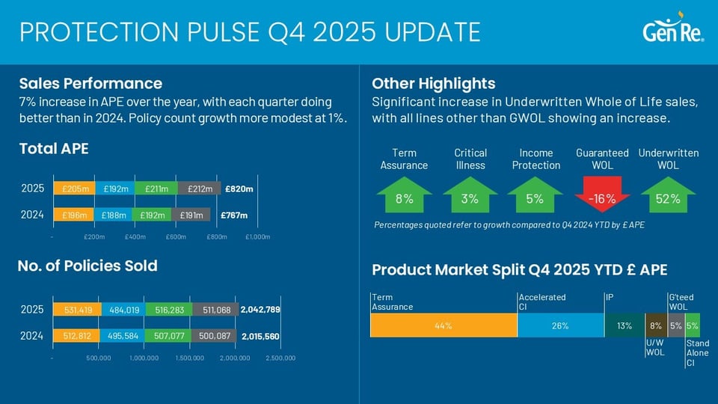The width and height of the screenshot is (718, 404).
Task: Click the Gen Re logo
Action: (672, 31)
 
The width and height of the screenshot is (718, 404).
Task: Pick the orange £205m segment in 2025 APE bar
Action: (75, 189)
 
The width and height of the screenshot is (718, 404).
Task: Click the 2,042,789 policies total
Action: (260, 310)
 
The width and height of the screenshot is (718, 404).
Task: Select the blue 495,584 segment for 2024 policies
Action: (122, 337)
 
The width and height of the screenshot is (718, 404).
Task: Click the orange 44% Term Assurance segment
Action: (444, 325)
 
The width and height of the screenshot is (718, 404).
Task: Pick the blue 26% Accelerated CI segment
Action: (560, 325)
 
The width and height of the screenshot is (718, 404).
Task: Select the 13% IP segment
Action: (624, 325)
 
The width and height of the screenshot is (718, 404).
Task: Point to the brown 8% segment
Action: (655, 325)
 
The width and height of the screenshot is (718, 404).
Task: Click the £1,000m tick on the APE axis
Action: (257, 237)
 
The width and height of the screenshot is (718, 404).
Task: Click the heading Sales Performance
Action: (90, 83)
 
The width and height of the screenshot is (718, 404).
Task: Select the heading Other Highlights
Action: (433, 83)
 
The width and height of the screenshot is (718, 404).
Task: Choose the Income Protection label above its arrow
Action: (536, 159)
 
